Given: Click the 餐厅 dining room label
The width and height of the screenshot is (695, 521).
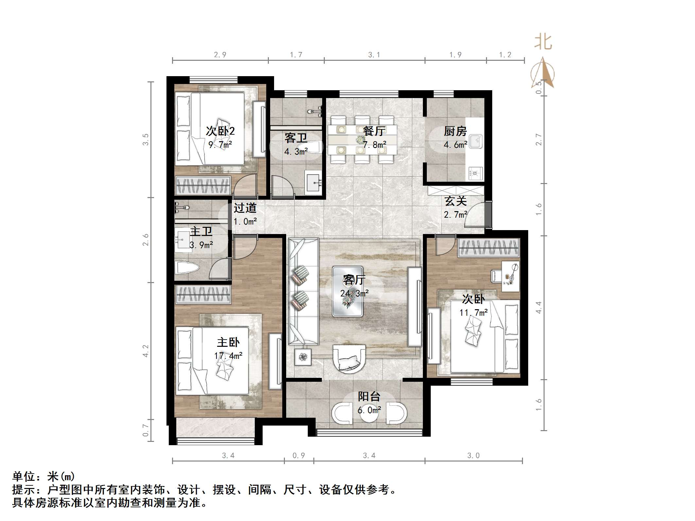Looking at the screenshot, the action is (374, 131).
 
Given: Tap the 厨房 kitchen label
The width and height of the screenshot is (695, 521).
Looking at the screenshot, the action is (455, 131).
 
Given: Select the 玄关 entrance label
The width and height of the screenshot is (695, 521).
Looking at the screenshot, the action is (455, 201).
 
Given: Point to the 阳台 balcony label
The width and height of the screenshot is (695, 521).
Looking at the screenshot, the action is (369, 396).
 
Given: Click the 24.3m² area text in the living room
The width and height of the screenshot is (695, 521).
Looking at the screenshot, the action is (355, 293).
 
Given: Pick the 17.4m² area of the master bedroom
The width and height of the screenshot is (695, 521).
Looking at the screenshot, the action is (228, 356).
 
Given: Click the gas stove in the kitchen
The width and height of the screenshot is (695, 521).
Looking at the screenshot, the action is (476, 174).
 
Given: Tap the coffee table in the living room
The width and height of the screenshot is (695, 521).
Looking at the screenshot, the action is (348, 292).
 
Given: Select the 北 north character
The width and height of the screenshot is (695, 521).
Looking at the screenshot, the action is (543, 42).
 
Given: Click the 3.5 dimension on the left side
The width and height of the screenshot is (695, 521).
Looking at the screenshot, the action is (146, 140).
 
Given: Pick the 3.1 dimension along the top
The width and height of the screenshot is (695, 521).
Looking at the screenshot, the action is (374, 55).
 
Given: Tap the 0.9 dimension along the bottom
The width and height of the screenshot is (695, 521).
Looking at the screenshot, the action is (299, 455).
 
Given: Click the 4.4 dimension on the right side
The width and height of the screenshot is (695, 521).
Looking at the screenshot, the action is (539, 308).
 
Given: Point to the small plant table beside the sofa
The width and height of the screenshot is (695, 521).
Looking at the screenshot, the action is (303, 357).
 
